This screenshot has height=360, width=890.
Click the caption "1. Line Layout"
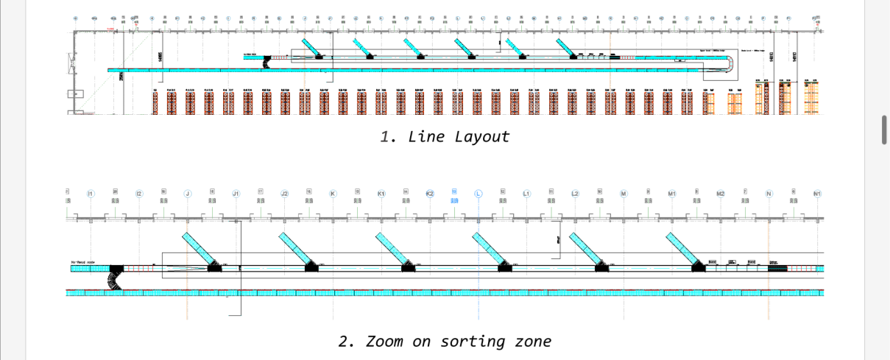[x=445, y=136]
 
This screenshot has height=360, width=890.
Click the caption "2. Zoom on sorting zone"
[x=445, y=341]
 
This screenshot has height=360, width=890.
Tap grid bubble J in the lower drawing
[x=187, y=194]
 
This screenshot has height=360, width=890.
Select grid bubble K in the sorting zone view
[x=333, y=194]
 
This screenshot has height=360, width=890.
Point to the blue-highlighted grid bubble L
[x=478, y=194]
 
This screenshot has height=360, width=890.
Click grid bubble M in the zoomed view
[x=624, y=194]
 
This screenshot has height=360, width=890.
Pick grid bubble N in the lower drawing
[x=769, y=194]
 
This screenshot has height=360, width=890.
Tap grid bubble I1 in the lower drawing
[x=91, y=194]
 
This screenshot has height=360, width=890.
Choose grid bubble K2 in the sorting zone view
[x=430, y=194]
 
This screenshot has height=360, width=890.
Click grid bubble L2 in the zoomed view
[x=575, y=194]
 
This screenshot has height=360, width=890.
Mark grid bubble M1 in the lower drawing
[x=672, y=194]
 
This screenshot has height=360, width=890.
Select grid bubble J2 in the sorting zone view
[x=284, y=194]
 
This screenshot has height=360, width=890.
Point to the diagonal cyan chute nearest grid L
[x=489, y=247]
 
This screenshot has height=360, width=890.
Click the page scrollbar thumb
[x=885, y=130]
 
